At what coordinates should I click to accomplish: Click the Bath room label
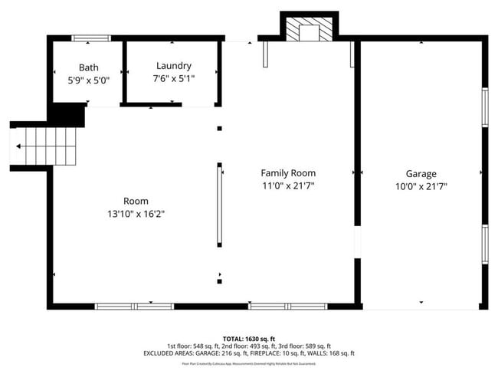88,67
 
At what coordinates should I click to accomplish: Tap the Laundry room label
173,66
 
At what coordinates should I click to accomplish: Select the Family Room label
288,173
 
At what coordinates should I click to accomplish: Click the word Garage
421,174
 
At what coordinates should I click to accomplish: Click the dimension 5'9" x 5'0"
88,79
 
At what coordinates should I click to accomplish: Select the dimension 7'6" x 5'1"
173,78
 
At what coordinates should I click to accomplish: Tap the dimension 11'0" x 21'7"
288,185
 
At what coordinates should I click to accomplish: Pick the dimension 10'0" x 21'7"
421,186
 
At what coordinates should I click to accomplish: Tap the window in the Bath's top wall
90,38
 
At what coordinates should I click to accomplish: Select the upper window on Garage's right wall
484,107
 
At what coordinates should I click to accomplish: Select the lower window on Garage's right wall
484,244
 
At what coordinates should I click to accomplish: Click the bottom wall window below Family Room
288,307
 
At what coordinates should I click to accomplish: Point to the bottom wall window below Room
134,307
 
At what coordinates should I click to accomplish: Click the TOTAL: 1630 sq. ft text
249,338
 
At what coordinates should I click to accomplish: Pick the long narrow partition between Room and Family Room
220,205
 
